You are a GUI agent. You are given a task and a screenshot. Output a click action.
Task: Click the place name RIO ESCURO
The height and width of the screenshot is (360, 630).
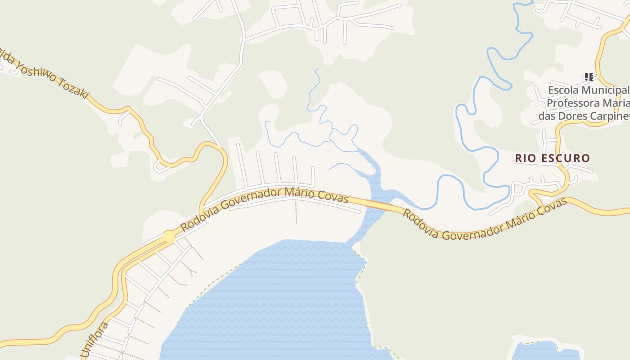point(552,158)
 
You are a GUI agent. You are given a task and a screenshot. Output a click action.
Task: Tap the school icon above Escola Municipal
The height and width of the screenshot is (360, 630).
point(589,77)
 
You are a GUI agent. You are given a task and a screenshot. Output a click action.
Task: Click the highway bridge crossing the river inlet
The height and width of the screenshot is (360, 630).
point(380,205)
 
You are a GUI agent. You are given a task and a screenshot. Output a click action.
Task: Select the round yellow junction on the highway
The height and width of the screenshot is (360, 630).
point(169,236)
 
